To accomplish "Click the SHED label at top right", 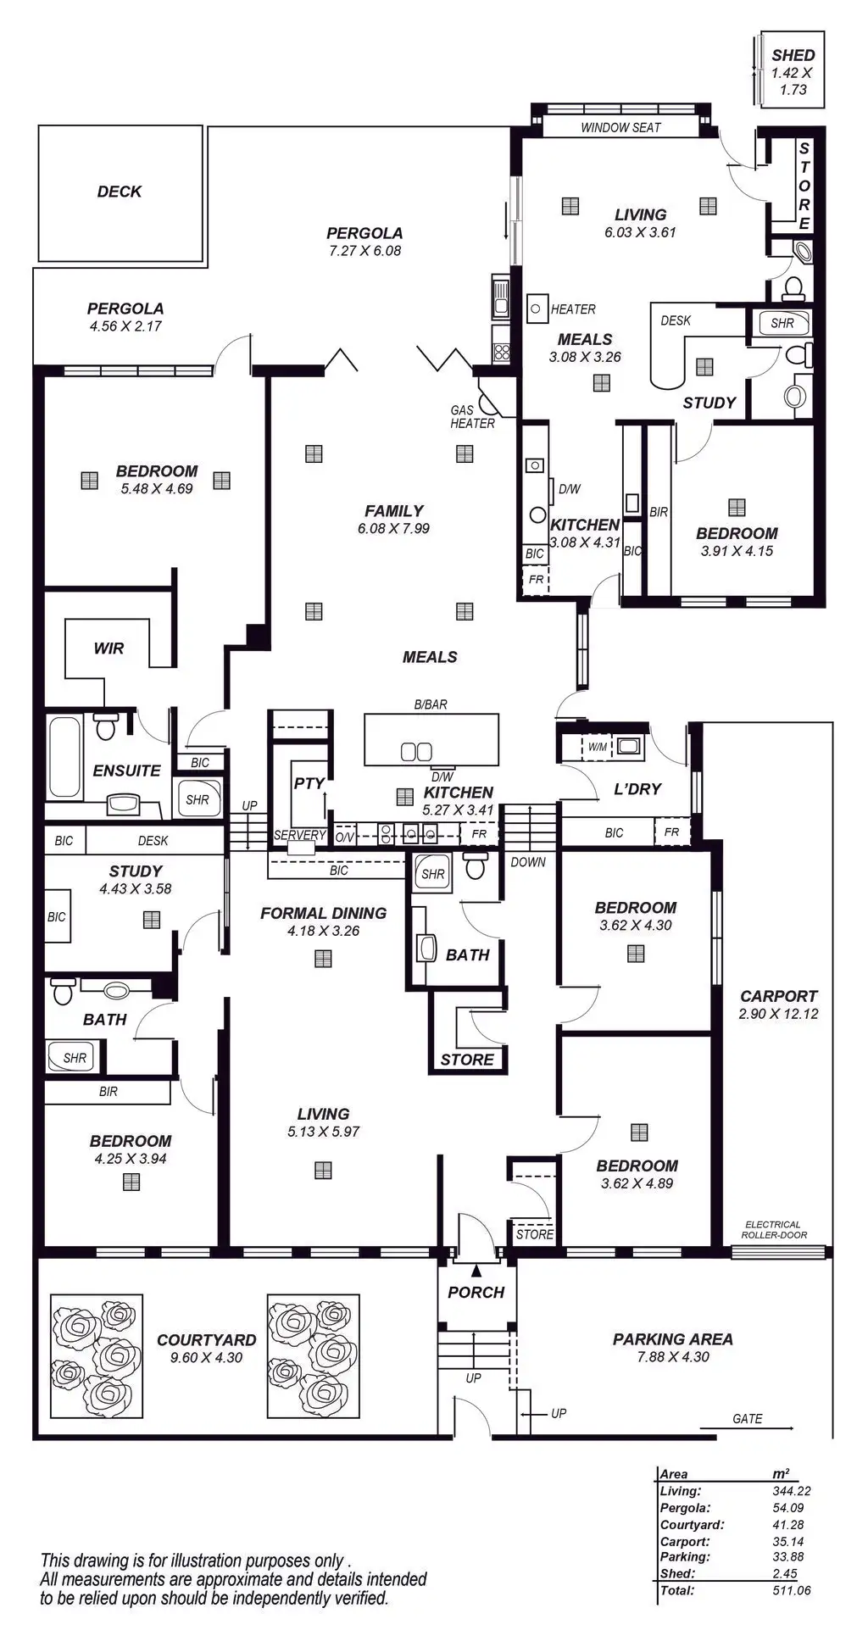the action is [793, 56].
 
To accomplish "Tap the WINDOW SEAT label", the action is [620, 128].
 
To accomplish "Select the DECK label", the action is [120, 192].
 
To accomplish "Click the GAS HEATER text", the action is [471, 417].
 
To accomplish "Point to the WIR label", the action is [108, 648].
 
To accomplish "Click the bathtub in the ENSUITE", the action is [64, 757].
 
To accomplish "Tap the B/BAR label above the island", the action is [431, 704].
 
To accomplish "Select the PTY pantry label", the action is [309, 783].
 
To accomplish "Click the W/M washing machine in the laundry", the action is [598, 747].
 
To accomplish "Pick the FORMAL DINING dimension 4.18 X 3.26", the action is [323, 931].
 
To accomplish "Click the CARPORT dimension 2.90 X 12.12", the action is [778, 1014].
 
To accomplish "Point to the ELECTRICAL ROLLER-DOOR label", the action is [773, 1230].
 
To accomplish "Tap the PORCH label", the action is [476, 1293].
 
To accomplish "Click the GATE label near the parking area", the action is [747, 1419].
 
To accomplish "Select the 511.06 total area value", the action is [791, 1590].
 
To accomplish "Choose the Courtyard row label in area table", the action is [692, 1525].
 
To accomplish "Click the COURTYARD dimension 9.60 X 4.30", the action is [206, 1357].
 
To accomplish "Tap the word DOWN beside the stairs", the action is [528, 862].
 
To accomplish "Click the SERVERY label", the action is [299, 835].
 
